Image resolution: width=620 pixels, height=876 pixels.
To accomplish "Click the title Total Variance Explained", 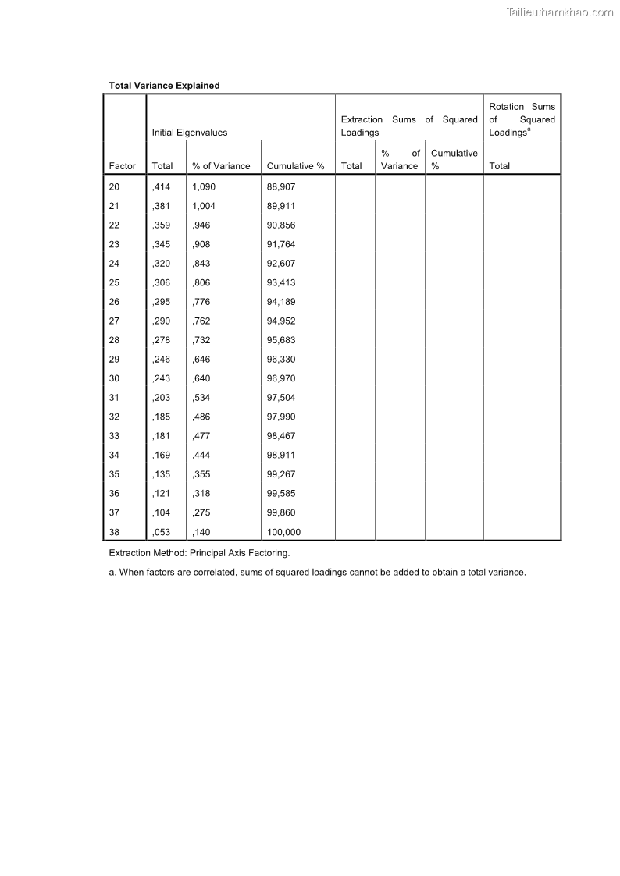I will [x=164, y=86].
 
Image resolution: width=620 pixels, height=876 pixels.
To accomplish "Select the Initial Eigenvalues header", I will [x=190, y=133].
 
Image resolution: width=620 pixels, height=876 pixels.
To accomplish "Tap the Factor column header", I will [x=123, y=166].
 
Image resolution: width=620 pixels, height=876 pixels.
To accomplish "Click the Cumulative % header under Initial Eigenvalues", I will [x=295, y=166].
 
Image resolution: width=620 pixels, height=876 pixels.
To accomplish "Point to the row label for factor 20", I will [x=115, y=187].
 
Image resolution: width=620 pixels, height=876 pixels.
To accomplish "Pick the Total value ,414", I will [x=161, y=187].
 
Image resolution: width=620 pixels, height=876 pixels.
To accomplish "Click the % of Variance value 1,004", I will [x=204, y=207].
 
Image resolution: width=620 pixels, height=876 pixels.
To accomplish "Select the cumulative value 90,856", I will [x=281, y=225].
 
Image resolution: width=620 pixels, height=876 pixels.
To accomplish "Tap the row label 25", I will [x=115, y=283].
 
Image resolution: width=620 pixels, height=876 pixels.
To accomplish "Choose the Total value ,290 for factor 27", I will [x=161, y=321].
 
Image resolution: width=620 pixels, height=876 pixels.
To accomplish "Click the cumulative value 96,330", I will [x=281, y=360].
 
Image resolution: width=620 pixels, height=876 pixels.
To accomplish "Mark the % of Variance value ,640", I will [x=201, y=378].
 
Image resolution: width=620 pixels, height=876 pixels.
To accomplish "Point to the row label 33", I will [x=115, y=436].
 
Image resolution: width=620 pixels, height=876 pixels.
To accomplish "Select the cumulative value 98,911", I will [x=281, y=456].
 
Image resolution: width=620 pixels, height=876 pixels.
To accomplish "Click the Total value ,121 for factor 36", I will [x=161, y=494].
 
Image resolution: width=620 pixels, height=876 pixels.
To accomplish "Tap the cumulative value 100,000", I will [x=283, y=533].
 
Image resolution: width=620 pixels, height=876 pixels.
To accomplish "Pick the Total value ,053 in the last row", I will [x=161, y=533].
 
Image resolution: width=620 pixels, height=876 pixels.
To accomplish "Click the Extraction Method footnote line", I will [x=199, y=553].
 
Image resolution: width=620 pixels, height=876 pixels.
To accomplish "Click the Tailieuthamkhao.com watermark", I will [x=559, y=12].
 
